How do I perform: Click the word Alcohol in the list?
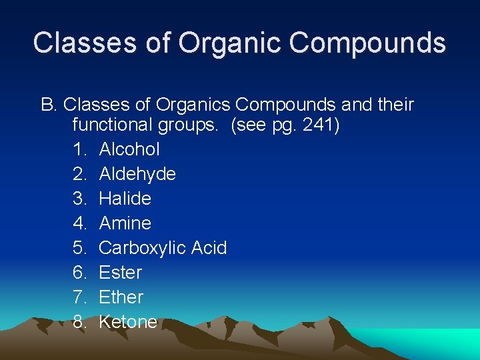(x=129, y=149)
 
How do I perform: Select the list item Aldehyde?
(x=137, y=174)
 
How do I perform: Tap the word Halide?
(x=125, y=199)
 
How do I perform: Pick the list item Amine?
(x=125, y=223)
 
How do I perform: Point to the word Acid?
(x=209, y=248)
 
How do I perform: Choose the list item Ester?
(x=121, y=273)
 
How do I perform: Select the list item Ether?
(x=121, y=297)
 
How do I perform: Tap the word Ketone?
(x=128, y=322)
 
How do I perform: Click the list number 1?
(x=80, y=149)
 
